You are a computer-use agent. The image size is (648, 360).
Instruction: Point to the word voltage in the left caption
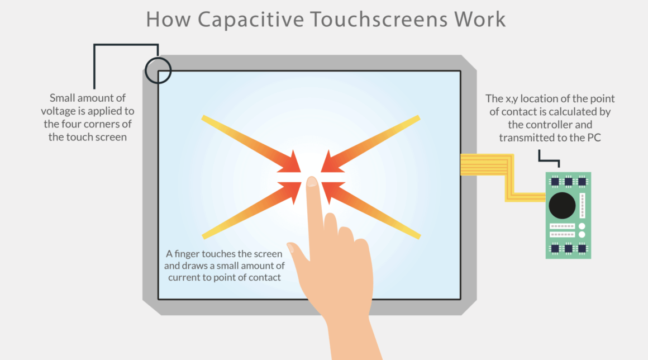(x=66, y=111)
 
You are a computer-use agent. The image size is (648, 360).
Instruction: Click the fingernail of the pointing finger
(x=312, y=182)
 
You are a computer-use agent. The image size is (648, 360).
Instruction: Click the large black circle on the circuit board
(x=562, y=206)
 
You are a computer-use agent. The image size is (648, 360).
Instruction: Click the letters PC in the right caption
(x=593, y=138)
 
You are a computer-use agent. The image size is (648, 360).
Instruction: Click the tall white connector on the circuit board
(x=583, y=205)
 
